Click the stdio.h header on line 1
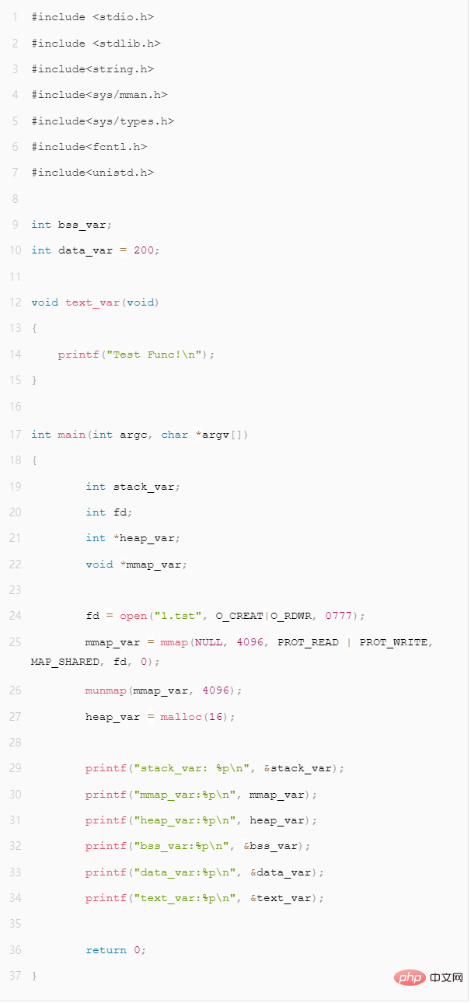tap(123, 17)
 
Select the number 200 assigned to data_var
tap(144, 250)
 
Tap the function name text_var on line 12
tap(92, 302)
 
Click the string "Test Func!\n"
tap(154, 355)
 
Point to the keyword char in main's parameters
tap(175, 435)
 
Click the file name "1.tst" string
tap(178, 616)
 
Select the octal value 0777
tap(338, 616)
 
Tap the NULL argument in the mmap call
tap(208, 642)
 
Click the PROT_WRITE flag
tap(393, 642)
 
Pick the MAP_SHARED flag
tap(65, 662)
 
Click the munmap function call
tap(106, 690)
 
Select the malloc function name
tap(181, 717)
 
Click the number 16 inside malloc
tap(216, 717)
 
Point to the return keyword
tap(106, 949)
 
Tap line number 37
tap(16, 975)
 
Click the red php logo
tap(410, 978)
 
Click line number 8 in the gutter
tap(16, 199)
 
